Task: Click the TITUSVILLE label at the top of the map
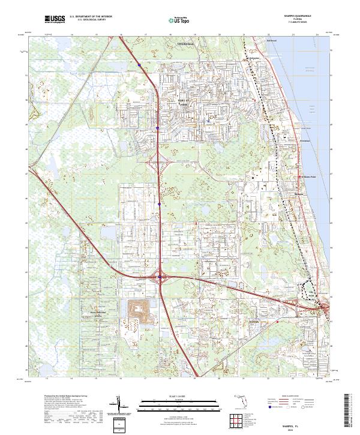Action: point(187,44)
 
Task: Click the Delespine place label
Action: point(255,58)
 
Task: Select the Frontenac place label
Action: point(304,140)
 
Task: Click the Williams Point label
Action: point(311,177)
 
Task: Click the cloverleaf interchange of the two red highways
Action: point(161,277)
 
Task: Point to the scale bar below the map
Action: point(177,406)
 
